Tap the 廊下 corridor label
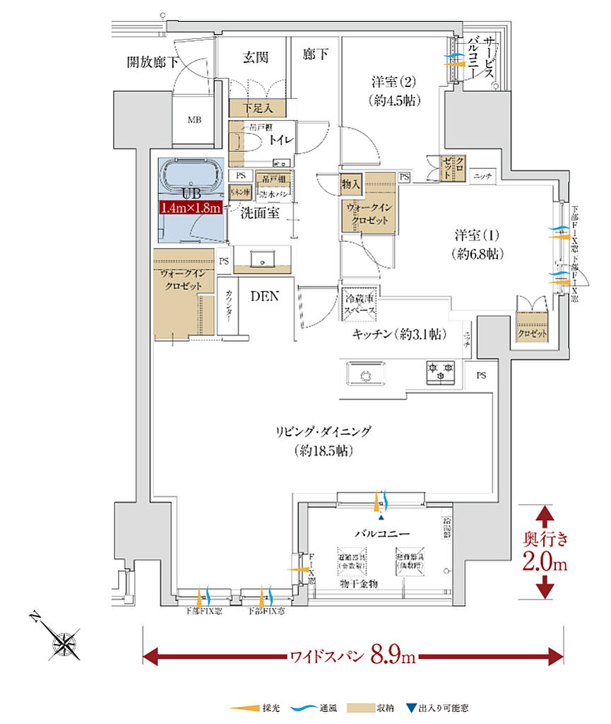(x=316, y=54)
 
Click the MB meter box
(x=194, y=120)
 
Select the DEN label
(x=265, y=297)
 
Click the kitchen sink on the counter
(x=367, y=375)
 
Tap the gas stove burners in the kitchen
(x=441, y=373)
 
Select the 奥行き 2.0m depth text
(x=545, y=552)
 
